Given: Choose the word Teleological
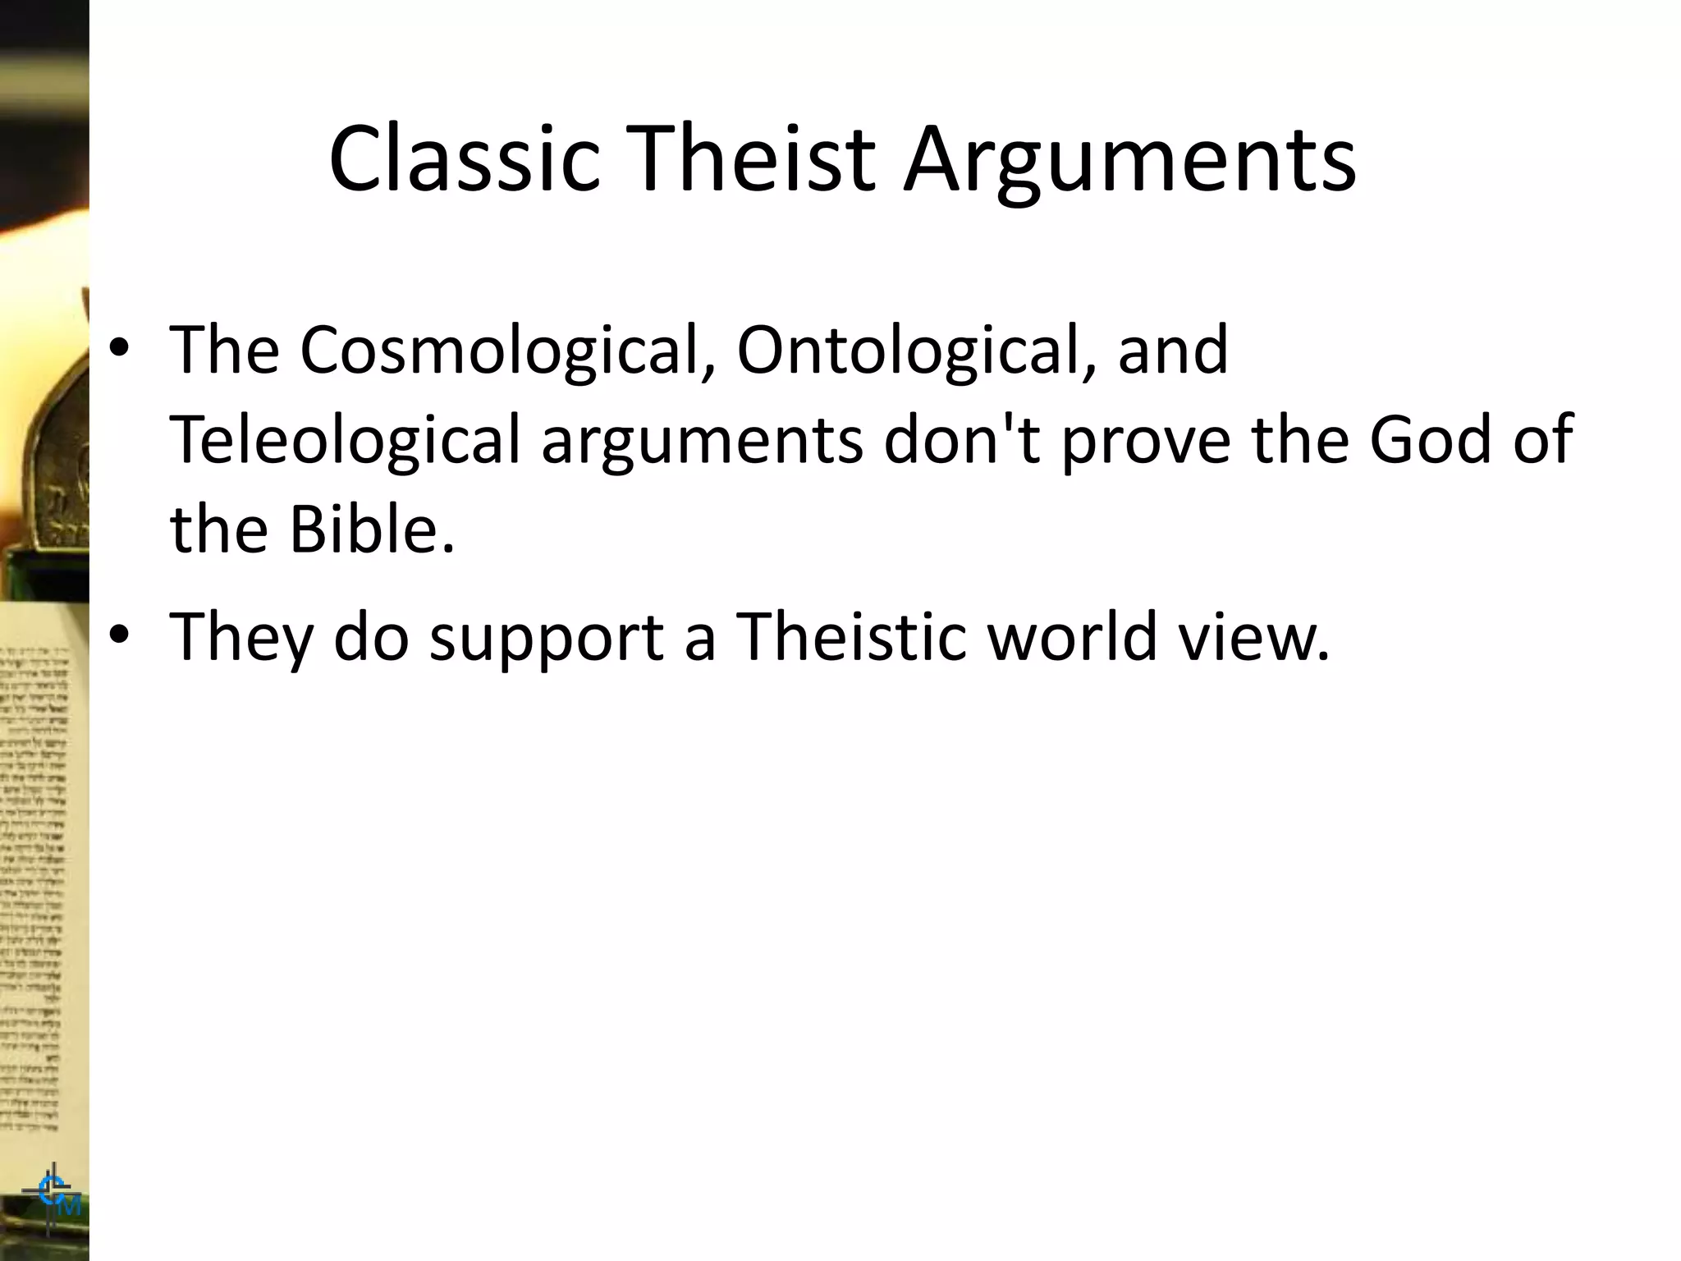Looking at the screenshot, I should click(x=346, y=440).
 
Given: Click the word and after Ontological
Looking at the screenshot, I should click(x=1173, y=351).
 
